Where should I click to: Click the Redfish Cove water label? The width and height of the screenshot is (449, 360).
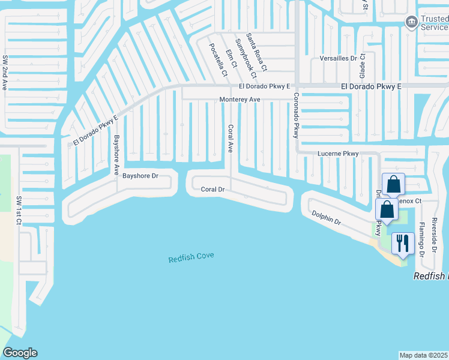[x=191, y=257]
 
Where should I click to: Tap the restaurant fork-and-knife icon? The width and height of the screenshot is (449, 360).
[x=402, y=243]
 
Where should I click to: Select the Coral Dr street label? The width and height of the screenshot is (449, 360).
[x=212, y=190]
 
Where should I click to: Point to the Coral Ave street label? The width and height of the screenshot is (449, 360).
[x=230, y=139]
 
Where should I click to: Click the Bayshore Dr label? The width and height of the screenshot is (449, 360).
[x=140, y=176]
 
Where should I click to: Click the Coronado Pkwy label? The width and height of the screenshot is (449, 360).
[x=296, y=116]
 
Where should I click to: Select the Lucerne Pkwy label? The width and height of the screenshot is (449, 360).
[x=338, y=154]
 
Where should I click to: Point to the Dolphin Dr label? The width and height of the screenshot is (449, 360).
[x=326, y=218]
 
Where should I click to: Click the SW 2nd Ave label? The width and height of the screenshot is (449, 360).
[x=5, y=73]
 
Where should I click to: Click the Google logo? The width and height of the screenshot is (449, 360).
[x=20, y=353]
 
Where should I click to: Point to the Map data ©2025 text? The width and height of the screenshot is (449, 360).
[x=424, y=355]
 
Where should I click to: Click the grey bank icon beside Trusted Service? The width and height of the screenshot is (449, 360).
[x=411, y=23]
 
